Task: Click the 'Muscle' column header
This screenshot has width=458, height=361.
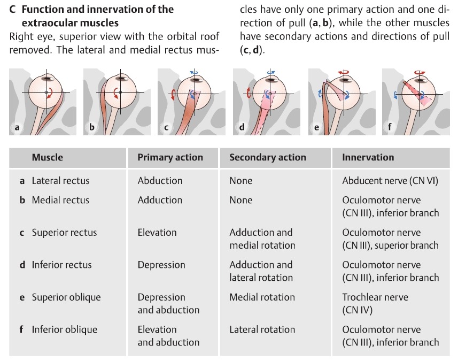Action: (x=47, y=157)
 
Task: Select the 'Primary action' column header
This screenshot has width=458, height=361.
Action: (x=170, y=157)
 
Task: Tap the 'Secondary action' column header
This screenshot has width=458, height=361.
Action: (x=267, y=157)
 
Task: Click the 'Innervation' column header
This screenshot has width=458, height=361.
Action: (x=368, y=157)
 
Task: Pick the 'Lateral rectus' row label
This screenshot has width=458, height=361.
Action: (x=60, y=181)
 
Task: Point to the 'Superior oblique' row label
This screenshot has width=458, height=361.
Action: (x=66, y=297)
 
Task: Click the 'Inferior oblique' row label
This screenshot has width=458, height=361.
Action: (x=64, y=329)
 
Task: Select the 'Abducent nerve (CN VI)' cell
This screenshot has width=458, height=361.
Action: (x=390, y=181)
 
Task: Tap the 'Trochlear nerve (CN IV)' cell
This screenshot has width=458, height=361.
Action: (x=375, y=303)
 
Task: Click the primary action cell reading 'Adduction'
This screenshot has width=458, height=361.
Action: (x=160, y=200)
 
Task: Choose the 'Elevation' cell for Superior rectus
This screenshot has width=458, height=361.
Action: (x=157, y=233)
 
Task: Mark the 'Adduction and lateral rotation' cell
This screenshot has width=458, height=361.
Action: (x=261, y=271)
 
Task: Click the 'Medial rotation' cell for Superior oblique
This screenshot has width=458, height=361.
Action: (x=262, y=297)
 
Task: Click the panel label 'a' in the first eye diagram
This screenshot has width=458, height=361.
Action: (x=17, y=127)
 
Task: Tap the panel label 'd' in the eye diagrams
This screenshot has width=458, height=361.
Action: (x=242, y=127)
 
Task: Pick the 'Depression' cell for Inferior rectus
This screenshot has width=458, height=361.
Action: (x=161, y=265)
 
